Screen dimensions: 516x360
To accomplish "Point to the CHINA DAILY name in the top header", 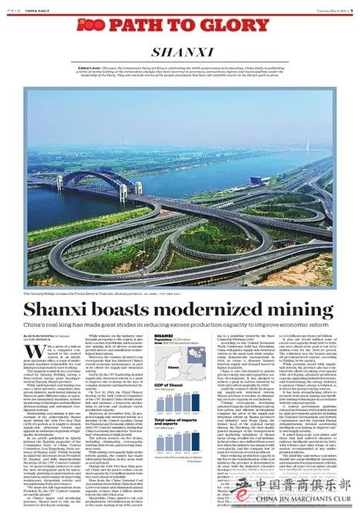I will tap(39, 7).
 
